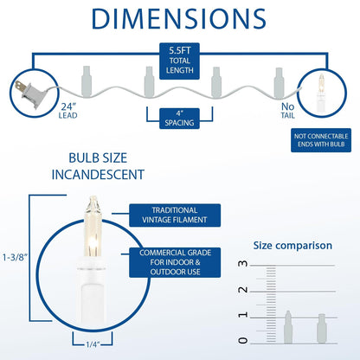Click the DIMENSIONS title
[179, 19]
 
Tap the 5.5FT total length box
[179, 61]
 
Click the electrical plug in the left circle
[32, 93]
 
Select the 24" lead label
[68, 111]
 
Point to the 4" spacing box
[179, 119]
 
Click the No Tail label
[288, 111]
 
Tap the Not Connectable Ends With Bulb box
[321, 140]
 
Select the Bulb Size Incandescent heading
[98, 166]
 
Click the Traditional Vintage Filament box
[175, 215]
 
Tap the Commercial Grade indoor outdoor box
[175, 262]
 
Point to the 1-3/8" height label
[15, 257]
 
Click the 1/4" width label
[93, 344]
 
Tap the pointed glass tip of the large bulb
[93, 199]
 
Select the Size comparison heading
[292, 246]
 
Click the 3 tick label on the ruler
[243, 263]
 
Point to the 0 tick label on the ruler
[243, 341]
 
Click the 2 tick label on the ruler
[243, 290]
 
